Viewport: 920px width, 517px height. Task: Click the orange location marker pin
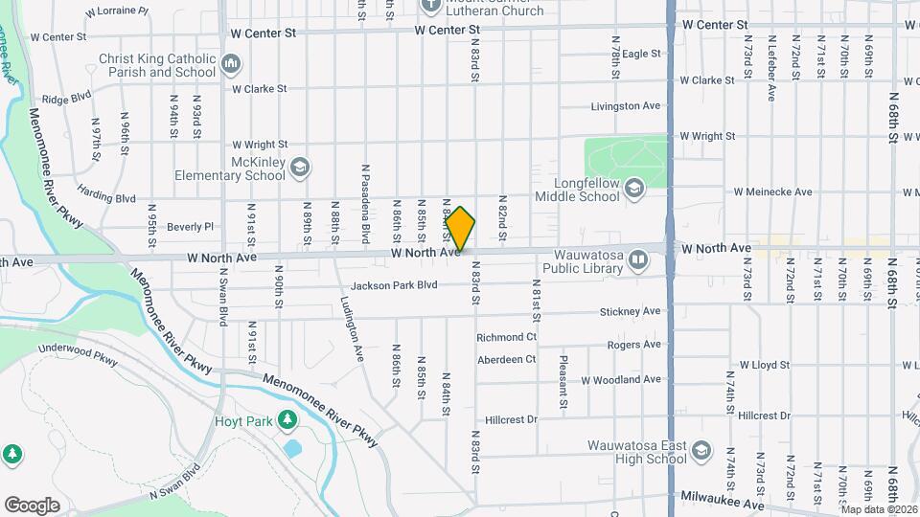coord(461,229)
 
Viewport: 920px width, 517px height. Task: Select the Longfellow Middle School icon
coord(633,189)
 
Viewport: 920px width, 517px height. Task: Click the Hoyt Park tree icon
coord(286,419)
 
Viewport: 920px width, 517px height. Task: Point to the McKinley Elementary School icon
coord(300,168)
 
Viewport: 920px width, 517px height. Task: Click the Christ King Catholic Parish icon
coord(231,65)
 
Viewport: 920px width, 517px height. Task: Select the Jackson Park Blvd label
coord(394,285)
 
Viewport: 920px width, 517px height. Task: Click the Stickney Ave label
coord(630,311)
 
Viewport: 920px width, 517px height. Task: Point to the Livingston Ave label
coord(626,105)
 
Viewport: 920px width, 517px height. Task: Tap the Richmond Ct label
coord(506,337)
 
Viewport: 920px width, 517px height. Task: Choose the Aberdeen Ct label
coord(507,359)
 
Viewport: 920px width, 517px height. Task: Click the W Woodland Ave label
coord(620,379)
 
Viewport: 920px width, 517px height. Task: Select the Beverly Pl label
coord(190,227)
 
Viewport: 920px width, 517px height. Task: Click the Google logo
coord(32,505)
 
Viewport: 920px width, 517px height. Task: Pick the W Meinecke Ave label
coord(772,191)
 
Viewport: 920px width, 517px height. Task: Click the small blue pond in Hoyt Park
coord(292,447)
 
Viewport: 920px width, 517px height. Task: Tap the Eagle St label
coord(642,55)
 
